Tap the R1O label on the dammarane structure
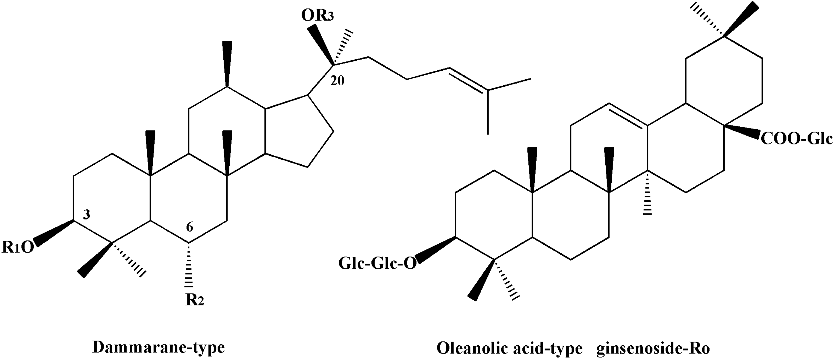coord(18,247)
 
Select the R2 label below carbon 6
coord(195,300)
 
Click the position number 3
coord(86,215)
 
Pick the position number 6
coord(190,227)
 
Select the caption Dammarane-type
coord(158,348)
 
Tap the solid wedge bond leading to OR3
coord(321,45)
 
